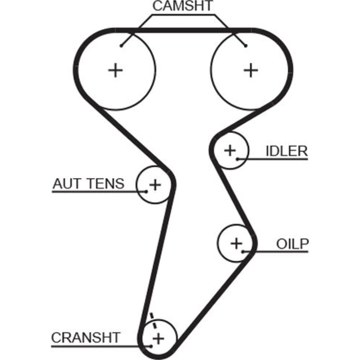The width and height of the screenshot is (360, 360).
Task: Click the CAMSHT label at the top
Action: (x=183, y=6)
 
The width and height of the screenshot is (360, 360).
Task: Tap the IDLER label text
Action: (x=287, y=151)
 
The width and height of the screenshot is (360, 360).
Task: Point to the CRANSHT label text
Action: (x=85, y=338)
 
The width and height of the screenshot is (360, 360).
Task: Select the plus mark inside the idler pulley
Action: (x=230, y=150)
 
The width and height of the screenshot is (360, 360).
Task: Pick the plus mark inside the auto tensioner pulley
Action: (x=155, y=185)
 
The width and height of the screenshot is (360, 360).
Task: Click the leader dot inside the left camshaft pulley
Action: (x=122, y=46)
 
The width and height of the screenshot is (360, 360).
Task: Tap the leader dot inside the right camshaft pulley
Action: (x=246, y=46)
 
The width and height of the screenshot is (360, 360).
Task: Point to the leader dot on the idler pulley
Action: (x=238, y=159)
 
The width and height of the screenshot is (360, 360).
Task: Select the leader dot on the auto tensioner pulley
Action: (x=146, y=192)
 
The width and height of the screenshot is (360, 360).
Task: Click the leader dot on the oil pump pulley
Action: (x=243, y=251)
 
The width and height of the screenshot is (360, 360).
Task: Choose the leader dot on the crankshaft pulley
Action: (x=152, y=346)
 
